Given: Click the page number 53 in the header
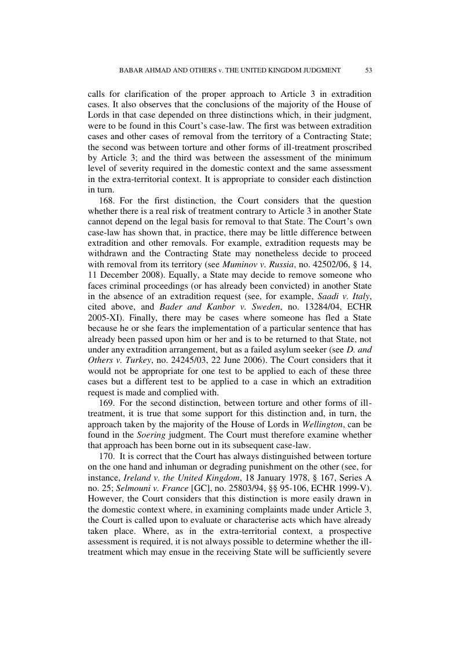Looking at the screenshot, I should tap(368, 70).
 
